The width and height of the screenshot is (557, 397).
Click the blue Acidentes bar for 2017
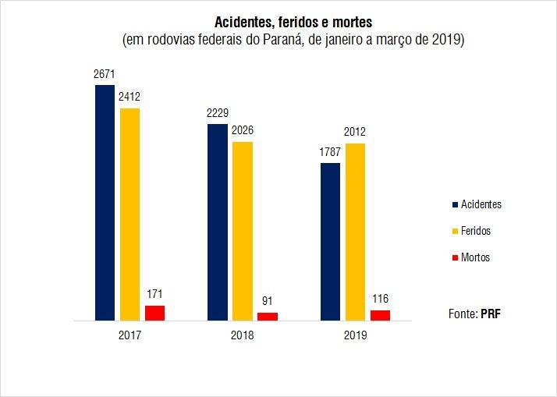tap(105, 203)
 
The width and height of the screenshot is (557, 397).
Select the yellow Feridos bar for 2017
tap(129, 214)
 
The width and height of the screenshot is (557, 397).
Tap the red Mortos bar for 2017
tap(154, 313)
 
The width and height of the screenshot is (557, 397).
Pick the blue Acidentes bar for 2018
tap(217, 222)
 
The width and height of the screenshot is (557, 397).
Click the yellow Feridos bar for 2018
tap(242, 231)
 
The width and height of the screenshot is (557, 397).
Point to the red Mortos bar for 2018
tap(268, 316)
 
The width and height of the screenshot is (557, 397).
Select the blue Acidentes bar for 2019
tap(330, 242)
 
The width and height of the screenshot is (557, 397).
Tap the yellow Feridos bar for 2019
tap(355, 232)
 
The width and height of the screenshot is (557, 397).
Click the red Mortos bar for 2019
tap(380, 315)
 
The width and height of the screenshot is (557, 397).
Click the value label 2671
tap(105, 74)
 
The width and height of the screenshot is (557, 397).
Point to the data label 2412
tap(129, 97)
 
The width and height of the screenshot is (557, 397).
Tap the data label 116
tap(380, 299)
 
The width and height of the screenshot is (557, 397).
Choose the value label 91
tap(268, 301)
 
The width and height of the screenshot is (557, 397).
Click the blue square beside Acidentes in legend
tap(454, 205)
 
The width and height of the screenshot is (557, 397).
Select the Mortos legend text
tap(475, 257)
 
